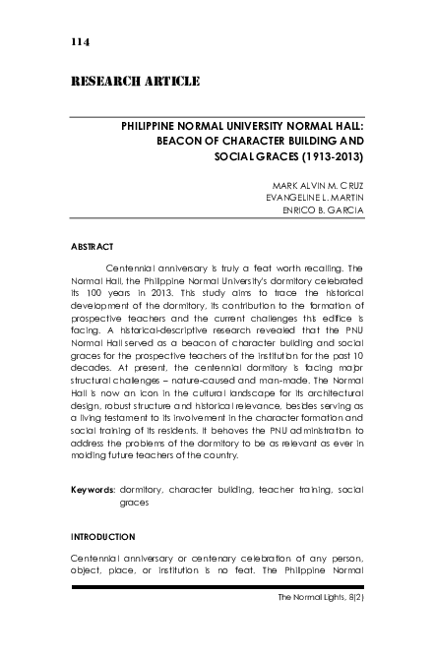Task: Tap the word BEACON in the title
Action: point(188,142)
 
